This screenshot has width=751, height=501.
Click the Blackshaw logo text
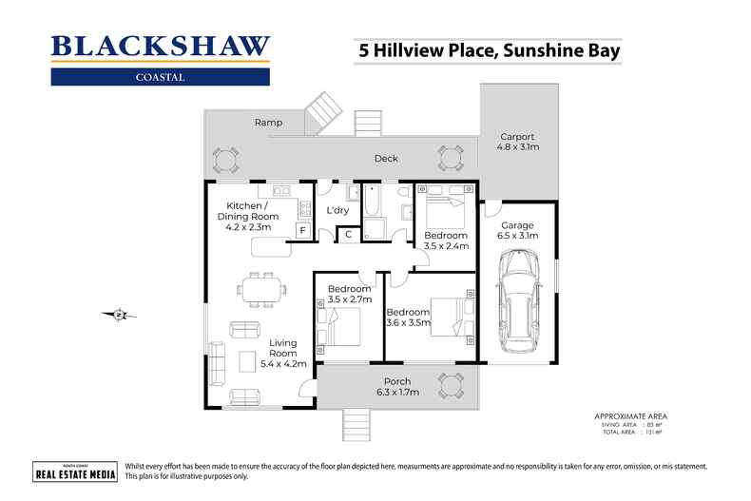[160, 46]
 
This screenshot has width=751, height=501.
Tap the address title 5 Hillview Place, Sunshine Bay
[488, 49]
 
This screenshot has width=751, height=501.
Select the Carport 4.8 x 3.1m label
[517, 142]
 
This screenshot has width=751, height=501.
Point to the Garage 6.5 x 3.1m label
[518, 230]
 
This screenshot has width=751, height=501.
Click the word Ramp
[267, 123]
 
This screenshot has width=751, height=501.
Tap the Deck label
[385, 159]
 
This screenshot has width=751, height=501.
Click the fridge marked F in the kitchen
[302, 231]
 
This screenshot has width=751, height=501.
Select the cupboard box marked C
[348, 234]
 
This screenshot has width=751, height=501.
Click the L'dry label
[337, 210]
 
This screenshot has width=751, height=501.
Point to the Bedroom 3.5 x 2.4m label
[445, 241]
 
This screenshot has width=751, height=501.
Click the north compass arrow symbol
[119, 315]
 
